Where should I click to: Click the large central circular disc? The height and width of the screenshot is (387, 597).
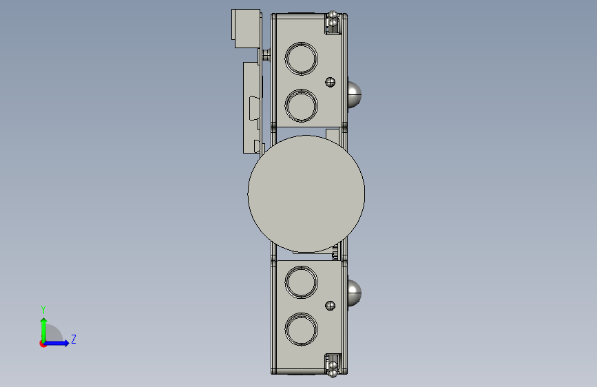point(306,194)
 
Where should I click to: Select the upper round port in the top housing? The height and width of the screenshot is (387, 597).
point(301,59)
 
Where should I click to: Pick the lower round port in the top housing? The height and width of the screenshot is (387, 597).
point(301,105)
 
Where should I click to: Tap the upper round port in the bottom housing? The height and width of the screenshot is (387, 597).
point(301,282)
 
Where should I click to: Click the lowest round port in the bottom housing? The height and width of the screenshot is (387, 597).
point(301,329)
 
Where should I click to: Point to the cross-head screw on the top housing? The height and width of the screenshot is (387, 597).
point(330,82)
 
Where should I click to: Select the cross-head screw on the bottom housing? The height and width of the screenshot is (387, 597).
point(330,306)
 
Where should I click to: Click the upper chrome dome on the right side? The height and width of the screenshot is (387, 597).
point(355,94)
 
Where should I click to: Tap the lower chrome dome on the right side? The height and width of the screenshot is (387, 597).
point(355,293)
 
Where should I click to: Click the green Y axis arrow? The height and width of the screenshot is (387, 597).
point(44,330)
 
